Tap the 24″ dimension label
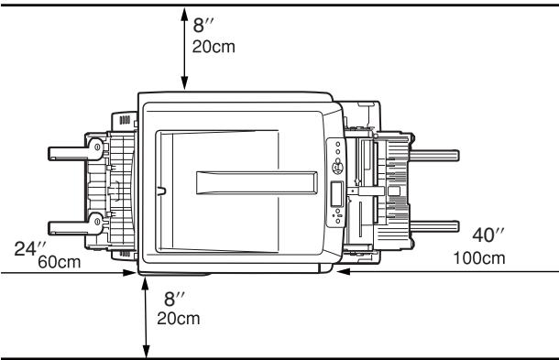tap(29, 248)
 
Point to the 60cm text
tap(57, 263)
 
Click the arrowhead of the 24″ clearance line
tap(132, 272)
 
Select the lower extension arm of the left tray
tap(68, 223)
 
